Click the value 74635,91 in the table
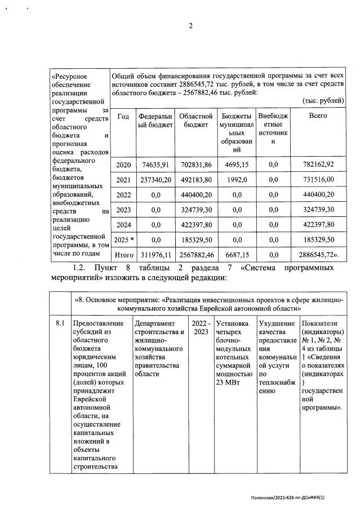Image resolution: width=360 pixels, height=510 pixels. click(155, 165)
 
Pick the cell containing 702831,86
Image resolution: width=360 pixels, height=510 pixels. click(195, 165)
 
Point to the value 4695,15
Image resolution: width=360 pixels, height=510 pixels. click(237, 165)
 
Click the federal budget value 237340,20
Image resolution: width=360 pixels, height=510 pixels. click(155, 180)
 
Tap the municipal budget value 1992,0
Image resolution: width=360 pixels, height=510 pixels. click(237, 180)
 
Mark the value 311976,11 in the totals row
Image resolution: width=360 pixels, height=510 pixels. click(155, 255)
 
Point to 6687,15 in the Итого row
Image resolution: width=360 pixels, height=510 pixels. click(237, 255)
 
